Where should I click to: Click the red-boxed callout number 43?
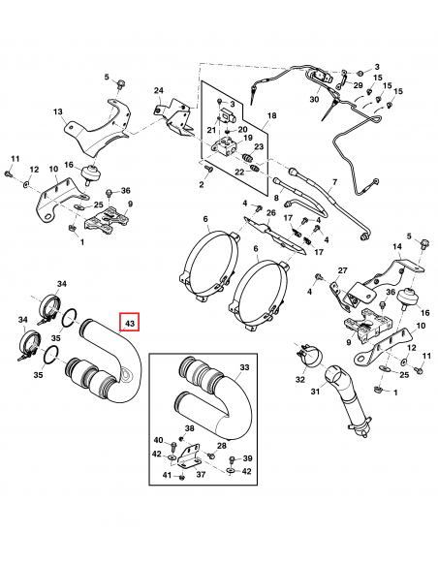130,323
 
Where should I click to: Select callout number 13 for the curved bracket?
58,111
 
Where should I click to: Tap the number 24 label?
159,90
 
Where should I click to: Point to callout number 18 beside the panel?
271,115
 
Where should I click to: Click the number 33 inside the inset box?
244,367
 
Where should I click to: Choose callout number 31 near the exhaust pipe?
315,391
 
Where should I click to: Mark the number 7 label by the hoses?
334,182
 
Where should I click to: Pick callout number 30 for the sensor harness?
314,99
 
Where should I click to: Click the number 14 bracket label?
397,247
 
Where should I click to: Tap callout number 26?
271,213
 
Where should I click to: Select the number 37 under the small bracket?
201,474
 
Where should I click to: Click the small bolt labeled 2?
208,169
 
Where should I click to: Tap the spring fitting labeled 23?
247,158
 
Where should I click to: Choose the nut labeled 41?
182,477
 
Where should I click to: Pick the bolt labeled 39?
232,459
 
